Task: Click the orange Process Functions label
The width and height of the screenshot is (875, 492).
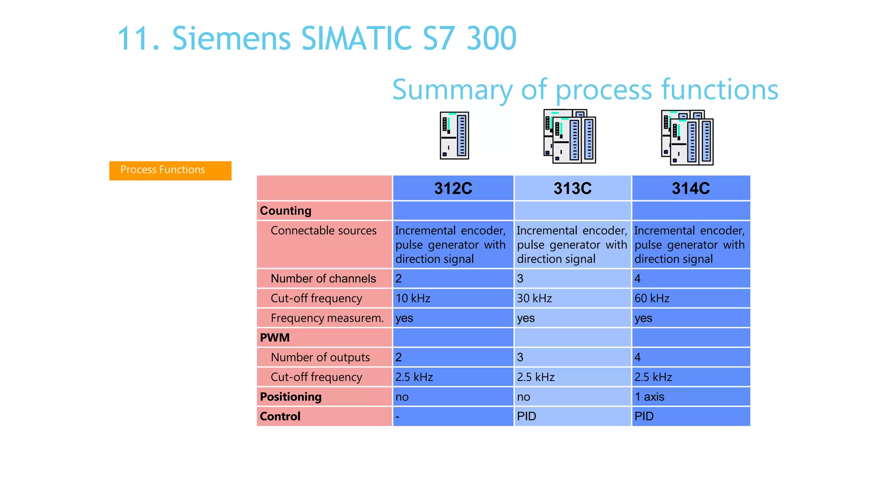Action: pos(170,170)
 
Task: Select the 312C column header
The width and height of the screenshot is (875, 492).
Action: pos(453,188)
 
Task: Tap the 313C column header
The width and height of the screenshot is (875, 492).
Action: pos(573,188)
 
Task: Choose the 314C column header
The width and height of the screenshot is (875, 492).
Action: pos(690,188)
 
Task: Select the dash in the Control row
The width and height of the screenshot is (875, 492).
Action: pos(398,416)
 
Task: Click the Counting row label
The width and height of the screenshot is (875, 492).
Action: pos(285,211)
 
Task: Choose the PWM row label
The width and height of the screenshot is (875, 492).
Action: pos(275,337)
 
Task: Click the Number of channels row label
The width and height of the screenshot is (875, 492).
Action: pos(323,278)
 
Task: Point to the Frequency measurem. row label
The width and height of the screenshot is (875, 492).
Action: pos(327,318)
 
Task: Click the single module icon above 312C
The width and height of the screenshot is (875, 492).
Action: pos(454,135)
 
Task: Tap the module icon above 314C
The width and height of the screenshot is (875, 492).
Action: pos(687,138)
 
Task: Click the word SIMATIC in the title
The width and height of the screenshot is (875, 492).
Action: pos(356,38)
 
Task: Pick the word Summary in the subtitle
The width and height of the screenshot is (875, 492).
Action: pos(452,90)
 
